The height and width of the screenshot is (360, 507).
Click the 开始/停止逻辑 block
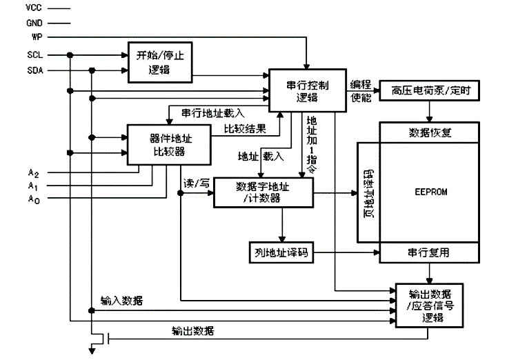(x=159, y=61)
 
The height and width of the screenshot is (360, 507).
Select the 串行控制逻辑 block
(x=308, y=90)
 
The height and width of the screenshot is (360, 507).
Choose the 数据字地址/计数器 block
(x=263, y=192)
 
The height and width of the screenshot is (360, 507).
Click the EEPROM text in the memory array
(x=430, y=192)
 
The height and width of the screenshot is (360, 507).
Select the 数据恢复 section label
(x=430, y=132)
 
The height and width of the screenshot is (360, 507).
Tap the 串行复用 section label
(x=430, y=253)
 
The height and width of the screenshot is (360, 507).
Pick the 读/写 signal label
(x=197, y=183)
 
